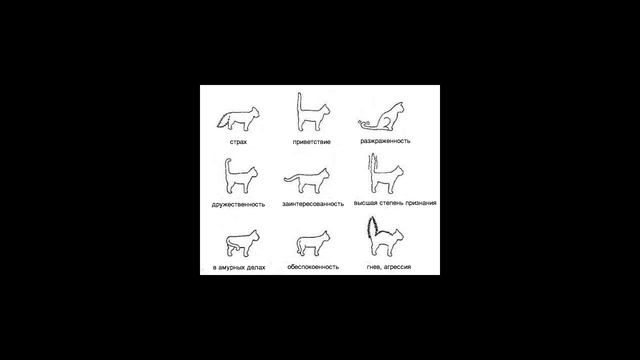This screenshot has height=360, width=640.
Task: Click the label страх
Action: pos(238,142)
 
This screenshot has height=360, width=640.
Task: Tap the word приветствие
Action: pos(311,142)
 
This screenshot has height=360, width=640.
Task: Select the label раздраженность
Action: pos(385,141)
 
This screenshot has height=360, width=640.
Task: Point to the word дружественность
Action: pos(238,204)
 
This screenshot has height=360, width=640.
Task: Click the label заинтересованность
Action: pos(313,204)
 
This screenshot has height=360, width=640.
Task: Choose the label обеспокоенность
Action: pos(313,267)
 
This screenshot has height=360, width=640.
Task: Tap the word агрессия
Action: pos(397,267)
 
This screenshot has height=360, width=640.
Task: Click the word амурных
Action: pos(233,268)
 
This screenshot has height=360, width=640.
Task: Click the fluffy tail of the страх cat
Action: pos(224,120)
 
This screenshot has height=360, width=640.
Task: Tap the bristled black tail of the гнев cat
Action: pos(372,229)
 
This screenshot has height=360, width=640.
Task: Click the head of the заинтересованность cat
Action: pos(324,175)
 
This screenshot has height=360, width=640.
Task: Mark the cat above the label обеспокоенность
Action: pos(313,244)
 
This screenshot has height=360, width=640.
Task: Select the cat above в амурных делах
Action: pos(242,244)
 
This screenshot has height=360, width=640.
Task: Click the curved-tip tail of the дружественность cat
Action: pos(227,171)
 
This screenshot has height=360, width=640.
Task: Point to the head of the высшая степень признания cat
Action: pos(398,173)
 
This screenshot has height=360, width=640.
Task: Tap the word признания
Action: pos(422,203)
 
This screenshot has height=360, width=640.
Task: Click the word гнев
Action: pos(373,267)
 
